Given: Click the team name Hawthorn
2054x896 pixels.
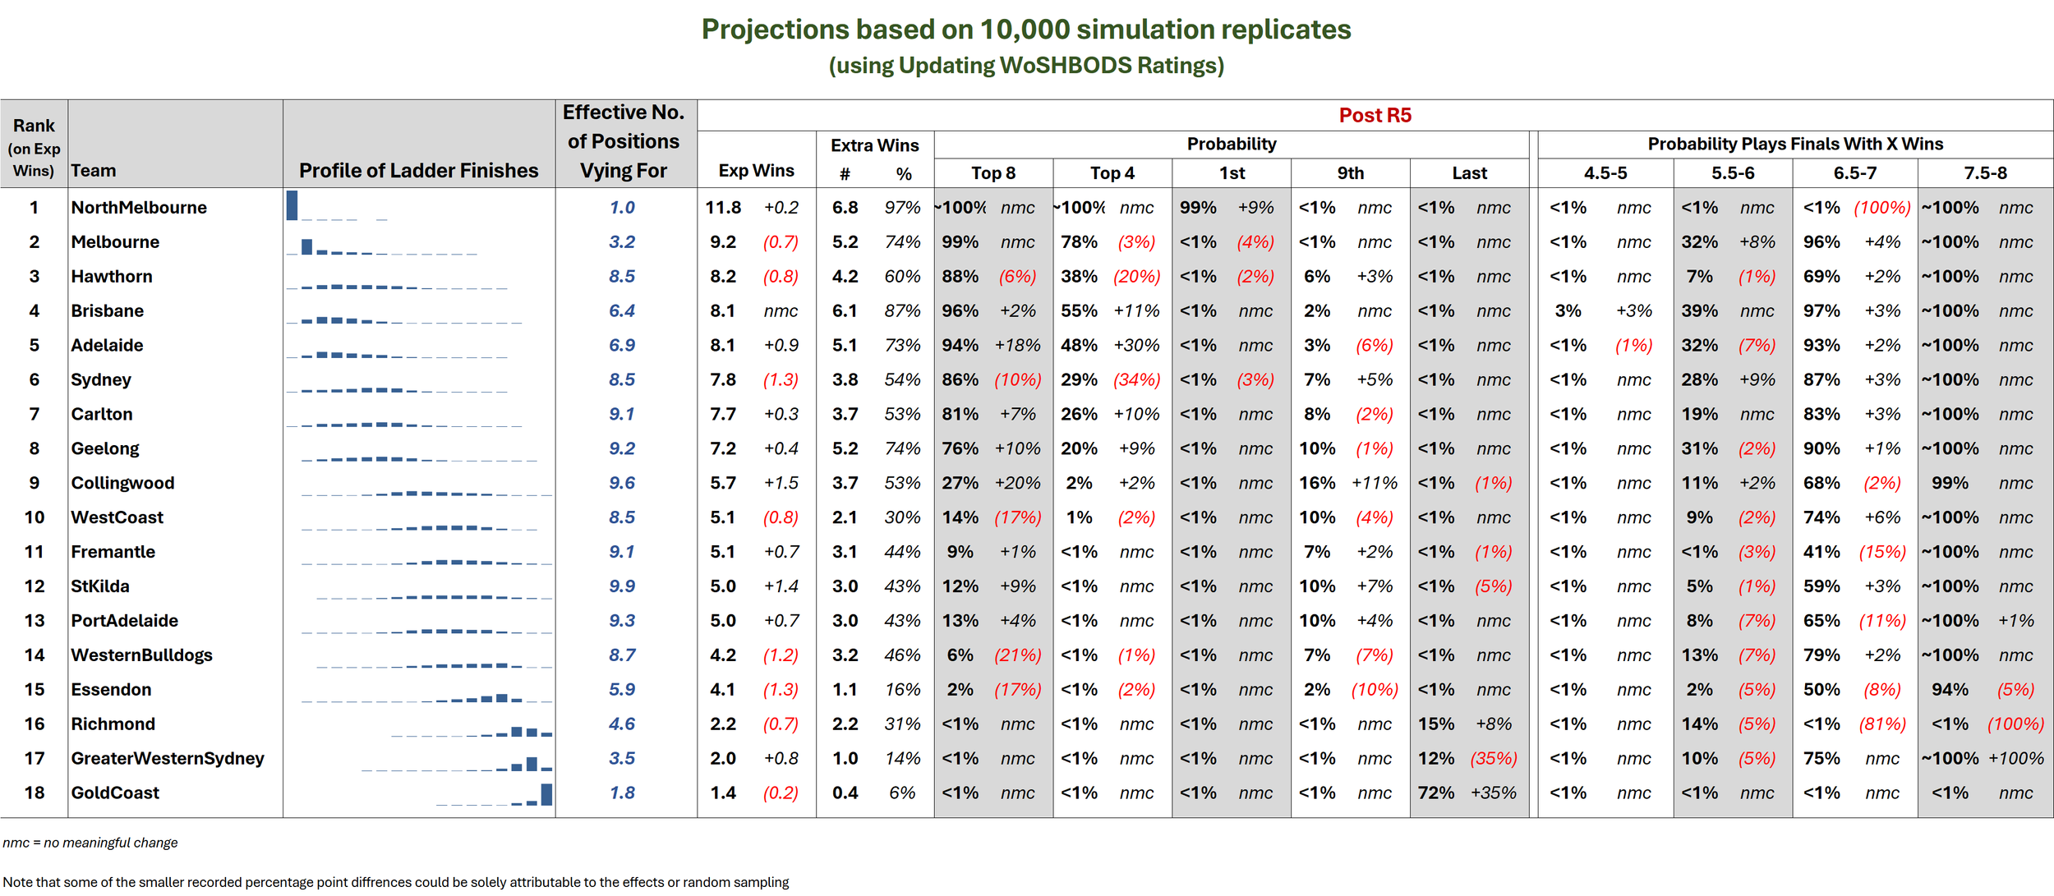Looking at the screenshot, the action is [112, 277].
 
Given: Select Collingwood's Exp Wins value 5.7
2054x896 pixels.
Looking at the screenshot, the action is [723, 483].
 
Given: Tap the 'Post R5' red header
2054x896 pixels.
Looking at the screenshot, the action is [1375, 115].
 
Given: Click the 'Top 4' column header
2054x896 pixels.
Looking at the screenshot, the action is [1112, 173].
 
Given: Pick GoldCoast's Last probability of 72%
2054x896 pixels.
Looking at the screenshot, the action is [1436, 793].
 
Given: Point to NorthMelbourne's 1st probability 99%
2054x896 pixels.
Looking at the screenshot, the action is [1198, 208].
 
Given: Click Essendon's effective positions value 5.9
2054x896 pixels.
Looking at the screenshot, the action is [622, 690].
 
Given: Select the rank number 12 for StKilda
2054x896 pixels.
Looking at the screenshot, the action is [35, 586].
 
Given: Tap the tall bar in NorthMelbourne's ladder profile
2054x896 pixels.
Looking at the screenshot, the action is [292, 205].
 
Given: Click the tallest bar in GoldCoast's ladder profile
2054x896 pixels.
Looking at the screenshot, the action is [546, 794].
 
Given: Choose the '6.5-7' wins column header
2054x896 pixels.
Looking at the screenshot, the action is [1855, 173].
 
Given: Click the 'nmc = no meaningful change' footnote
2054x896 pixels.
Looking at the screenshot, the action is [90, 843].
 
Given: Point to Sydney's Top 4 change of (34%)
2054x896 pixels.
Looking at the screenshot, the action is [1137, 380].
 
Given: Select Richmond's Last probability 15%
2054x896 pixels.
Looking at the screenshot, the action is [1436, 724].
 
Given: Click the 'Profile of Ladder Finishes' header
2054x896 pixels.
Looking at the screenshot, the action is [419, 171].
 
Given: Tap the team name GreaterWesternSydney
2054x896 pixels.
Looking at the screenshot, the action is [168, 759].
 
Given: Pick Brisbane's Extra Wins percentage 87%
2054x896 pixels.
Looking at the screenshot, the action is [902, 311].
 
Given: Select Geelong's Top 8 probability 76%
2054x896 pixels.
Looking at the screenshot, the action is [960, 449].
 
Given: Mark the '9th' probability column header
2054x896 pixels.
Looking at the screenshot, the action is [1351, 173].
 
